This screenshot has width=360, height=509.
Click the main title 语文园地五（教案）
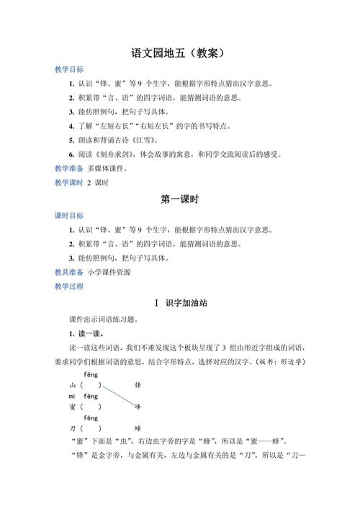(180, 53)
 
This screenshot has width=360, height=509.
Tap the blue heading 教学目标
(69, 70)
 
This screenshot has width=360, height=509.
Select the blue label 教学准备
(69, 168)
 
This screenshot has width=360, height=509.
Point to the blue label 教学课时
(69, 183)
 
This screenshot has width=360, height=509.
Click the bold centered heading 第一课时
(180, 199)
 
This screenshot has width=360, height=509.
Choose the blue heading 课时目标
(69, 216)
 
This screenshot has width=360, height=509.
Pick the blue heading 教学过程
(69, 287)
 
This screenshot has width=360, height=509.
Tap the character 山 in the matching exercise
(72, 386)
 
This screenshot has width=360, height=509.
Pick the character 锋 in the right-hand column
(138, 386)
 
